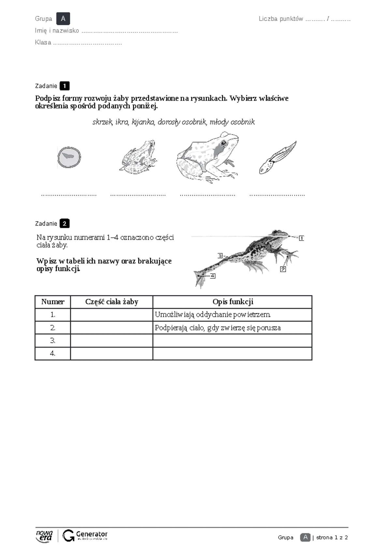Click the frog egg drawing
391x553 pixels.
tap(69, 157)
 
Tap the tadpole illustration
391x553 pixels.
tap(277, 158)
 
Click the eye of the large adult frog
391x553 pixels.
tap(224, 143)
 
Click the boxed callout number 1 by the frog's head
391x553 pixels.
tap(301, 238)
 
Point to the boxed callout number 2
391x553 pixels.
tap(283, 269)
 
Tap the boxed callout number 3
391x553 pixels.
tap(220, 256)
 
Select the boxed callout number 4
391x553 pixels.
tap(213, 276)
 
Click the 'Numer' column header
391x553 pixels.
tap(53, 302)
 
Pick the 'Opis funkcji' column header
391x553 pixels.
tap(233, 302)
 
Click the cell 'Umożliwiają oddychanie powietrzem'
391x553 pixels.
tap(213, 315)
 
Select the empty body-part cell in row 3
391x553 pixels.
tap(111, 341)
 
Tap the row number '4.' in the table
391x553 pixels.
tap(53, 353)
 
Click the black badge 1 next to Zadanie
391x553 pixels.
tap(65, 86)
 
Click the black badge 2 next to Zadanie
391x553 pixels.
tap(65, 224)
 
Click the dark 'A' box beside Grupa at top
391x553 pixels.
tap(63, 19)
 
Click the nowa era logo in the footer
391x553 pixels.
tap(44, 536)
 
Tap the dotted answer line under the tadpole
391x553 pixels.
tap(277, 195)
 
